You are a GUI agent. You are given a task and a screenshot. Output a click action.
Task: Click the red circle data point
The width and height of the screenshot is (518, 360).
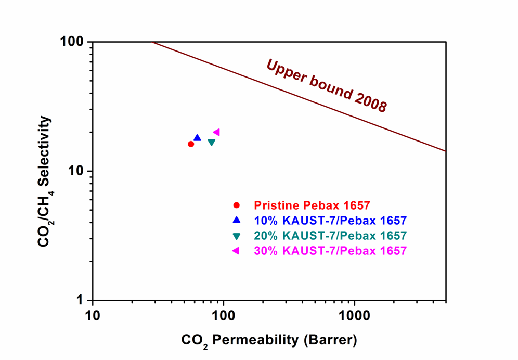pyautogui.click(x=191, y=144)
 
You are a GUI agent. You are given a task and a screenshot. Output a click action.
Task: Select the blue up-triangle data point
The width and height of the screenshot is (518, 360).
pyautogui.click(x=197, y=138)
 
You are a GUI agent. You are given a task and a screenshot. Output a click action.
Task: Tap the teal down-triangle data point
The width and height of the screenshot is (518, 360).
pyautogui.click(x=212, y=142)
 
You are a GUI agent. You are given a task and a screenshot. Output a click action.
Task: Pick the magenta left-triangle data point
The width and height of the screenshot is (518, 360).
pyautogui.click(x=216, y=132)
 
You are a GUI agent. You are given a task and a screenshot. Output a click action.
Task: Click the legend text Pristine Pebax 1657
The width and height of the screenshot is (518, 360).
pyautogui.click(x=312, y=205)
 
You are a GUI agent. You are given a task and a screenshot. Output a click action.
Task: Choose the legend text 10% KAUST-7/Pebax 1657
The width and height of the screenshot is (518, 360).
pyautogui.click(x=330, y=221)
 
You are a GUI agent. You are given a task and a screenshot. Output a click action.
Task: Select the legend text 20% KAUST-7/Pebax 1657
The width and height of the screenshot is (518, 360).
pyautogui.click(x=330, y=236)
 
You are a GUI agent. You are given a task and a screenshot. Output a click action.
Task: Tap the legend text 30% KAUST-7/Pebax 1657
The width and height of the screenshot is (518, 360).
pyautogui.click(x=330, y=251)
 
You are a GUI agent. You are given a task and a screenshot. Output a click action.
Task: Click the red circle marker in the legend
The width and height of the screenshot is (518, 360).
pyautogui.click(x=237, y=205)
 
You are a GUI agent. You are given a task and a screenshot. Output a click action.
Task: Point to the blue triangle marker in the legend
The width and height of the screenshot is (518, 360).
pyautogui.click(x=237, y=220)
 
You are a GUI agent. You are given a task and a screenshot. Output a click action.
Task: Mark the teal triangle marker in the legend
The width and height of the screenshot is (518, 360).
pyautogui.click(x=237, y=236)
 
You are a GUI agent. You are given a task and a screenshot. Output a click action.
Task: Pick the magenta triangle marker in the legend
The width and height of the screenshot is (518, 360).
pyautogui.click(x=236, y=251)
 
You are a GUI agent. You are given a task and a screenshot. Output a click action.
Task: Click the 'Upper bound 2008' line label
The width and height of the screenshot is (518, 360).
pyautogui.click(x=327, y=86)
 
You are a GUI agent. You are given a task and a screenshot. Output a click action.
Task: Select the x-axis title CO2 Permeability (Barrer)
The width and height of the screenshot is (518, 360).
pyautogui.click(x=269, y=341)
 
